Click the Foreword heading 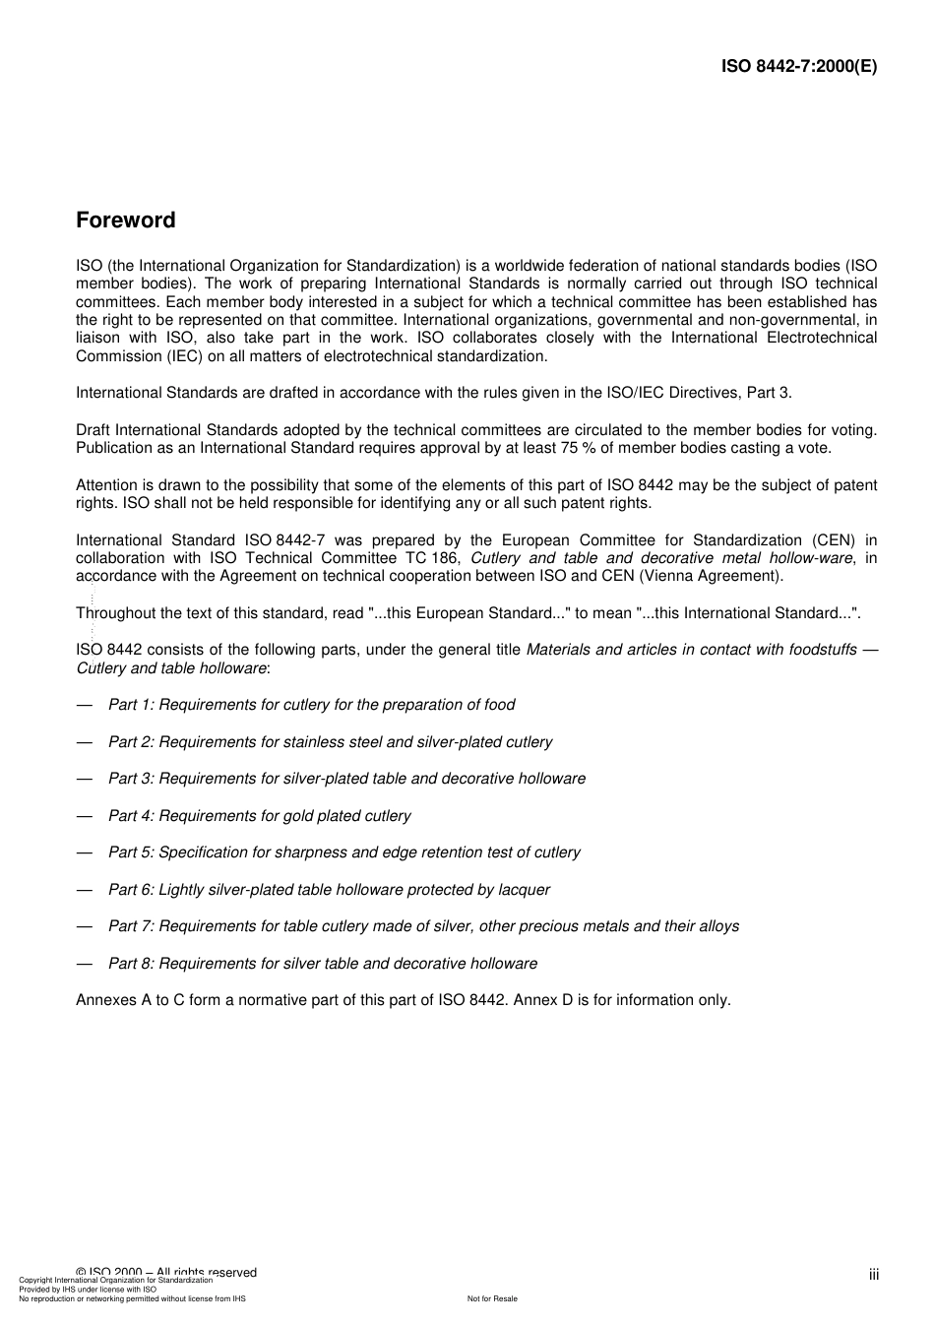[x=126, y=221]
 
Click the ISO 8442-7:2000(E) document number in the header [x=798, y=67]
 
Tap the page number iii [x=873, y=1275]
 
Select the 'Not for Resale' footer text [x=492, y=1298]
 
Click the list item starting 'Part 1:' [x=311, y=705]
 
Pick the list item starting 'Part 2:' [x=330, y=742]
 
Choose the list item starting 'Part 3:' [x=346, y=779]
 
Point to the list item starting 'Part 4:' [x=259, y=816]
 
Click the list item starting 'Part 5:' [x=343, y=852]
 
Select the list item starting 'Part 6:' [x=329, y=890]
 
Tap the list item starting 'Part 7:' [x=423, y=926]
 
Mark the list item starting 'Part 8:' [x=323, y=964]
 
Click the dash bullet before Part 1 [x=85, y=705]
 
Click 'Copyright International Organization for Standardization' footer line [x=116, y=1280]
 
